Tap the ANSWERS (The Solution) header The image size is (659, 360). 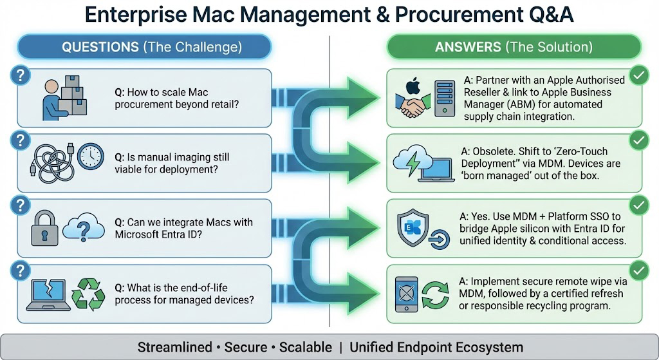[514, 48]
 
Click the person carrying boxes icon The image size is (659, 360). [64, 98]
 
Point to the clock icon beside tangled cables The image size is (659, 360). [90, 157]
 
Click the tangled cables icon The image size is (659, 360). [51, 164]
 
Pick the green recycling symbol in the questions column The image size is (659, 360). [88, 295]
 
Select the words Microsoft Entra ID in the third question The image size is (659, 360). [158, 234]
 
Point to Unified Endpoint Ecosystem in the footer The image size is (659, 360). [436, 348]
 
